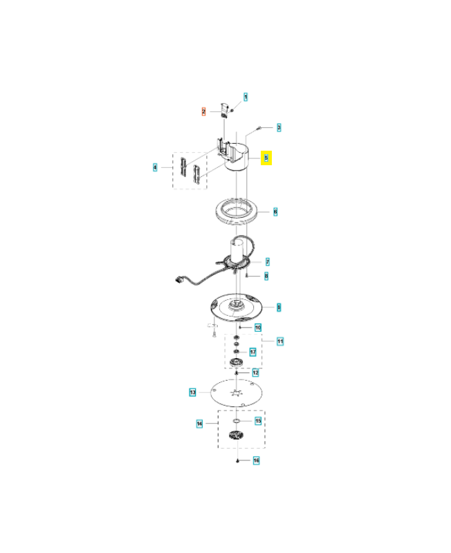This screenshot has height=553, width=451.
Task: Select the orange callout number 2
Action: (x=204, y=111)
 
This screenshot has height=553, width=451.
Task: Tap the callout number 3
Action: (x=279, y=127)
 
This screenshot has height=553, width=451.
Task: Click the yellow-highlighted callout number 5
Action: (x=266, y=158)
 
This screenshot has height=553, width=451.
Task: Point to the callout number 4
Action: (x=156, y=167)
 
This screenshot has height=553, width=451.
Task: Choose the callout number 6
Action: (x=275, y=211)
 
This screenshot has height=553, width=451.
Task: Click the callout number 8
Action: (x=267, y=276)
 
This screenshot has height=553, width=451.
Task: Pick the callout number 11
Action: (x=281, y=341)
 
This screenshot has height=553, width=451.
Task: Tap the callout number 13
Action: (x=193, y=392)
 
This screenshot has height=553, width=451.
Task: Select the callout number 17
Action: (x=252, y=352)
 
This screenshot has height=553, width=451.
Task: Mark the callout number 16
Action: (x=255, y=460)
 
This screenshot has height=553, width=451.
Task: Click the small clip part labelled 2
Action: (x=225, y=110)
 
